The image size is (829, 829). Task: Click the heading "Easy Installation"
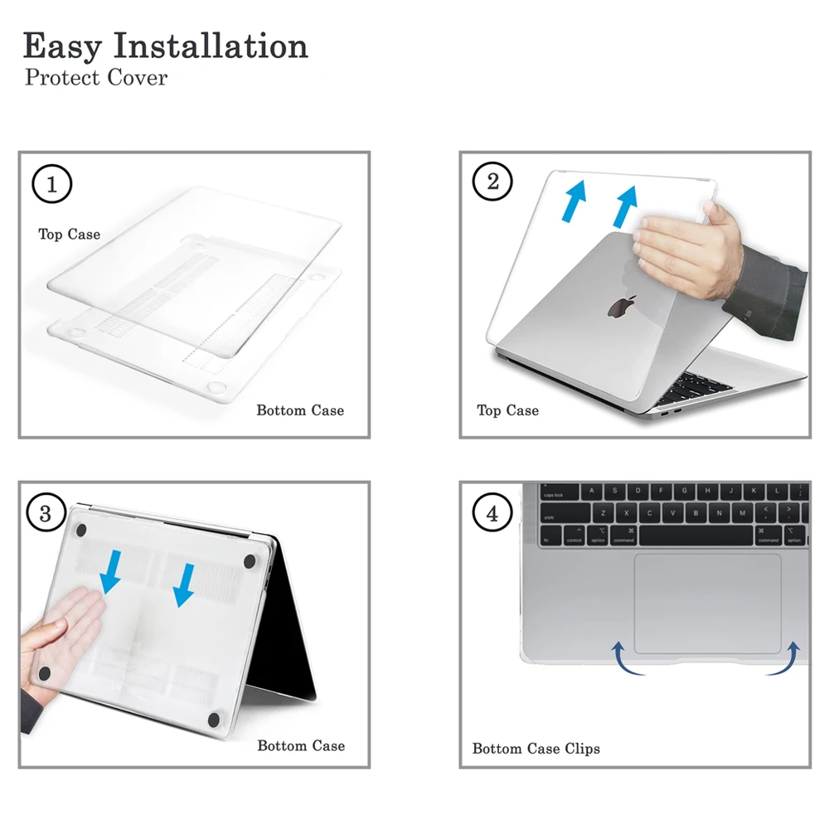(165, 46)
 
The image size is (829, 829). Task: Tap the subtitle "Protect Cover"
(96, 78)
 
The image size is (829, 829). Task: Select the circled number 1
(51, 184)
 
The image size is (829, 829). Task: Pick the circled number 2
(492, 182)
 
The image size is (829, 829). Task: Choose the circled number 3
(46, 513)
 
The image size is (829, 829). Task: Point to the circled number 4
(492, 513)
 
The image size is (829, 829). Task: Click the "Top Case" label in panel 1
(70, 234)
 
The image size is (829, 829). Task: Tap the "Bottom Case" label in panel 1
(300, 410)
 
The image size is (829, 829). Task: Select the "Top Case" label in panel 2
(508, 410)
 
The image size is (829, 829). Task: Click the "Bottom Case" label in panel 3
(302, 745)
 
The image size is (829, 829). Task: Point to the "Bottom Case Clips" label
(536, 749)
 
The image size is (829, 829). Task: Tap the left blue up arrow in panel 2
(575, 201)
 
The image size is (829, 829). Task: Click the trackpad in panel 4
(707, 604)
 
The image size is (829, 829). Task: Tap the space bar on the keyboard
(696, 535)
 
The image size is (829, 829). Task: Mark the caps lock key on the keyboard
(560, 492)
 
